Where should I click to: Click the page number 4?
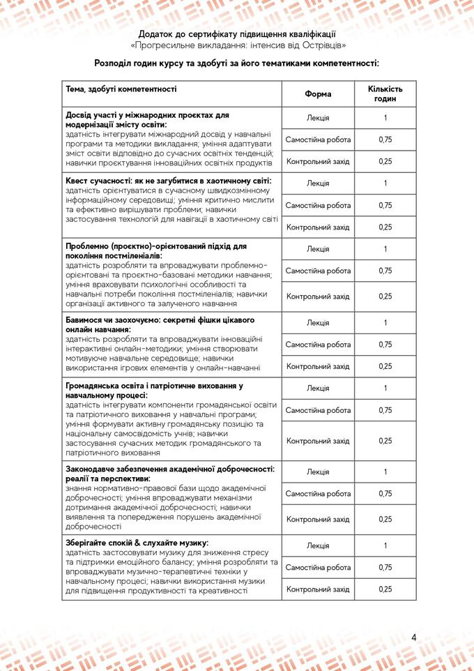(x=413, y=638)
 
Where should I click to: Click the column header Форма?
(x=318, y=94)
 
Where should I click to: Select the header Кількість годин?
(x=385, y=94)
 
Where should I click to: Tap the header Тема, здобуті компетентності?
(x=121, y=89)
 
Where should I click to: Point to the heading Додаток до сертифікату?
(x=237, y=33)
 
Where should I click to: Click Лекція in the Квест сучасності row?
(x=318, y=183)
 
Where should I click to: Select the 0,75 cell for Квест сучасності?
(x=385, y=205)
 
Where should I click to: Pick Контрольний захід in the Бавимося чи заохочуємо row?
(x=318, y=366)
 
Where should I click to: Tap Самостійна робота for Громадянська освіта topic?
(x=318, y=410)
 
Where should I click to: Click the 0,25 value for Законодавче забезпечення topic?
(x=385, y=519)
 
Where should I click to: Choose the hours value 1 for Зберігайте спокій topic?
(x=385, y=545)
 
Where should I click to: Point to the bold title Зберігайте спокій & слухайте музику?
(x=137, y=543)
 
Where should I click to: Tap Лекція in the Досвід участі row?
(x=318, y=118)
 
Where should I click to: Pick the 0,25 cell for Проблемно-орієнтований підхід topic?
(x=385, y=296)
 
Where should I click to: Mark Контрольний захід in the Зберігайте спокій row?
(x=318, y=589)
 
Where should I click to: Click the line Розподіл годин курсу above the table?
(x=237, y=63)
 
